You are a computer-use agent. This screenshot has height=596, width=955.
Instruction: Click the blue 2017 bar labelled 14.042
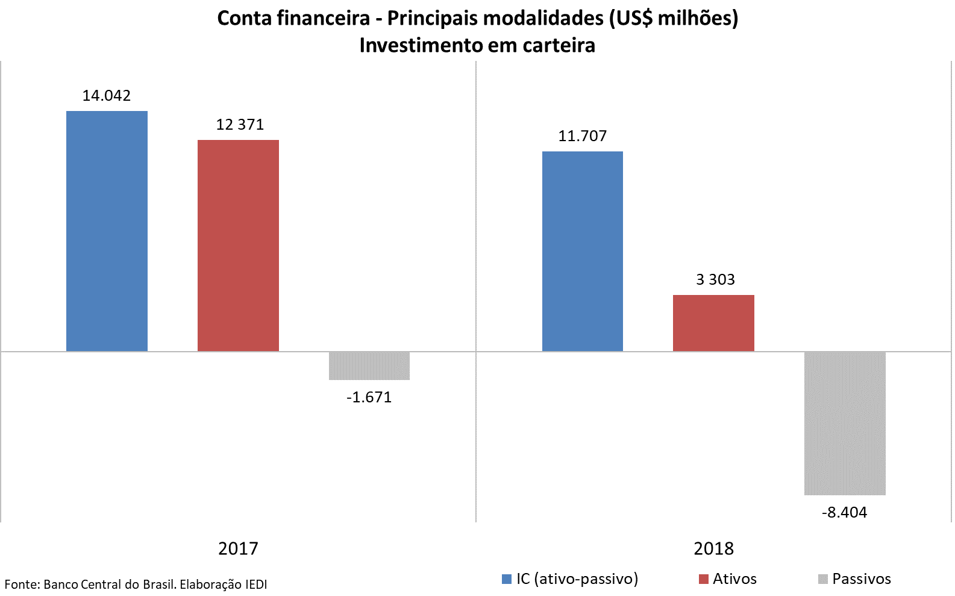(107, 231)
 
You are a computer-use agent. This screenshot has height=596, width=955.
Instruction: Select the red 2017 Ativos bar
(238, 246)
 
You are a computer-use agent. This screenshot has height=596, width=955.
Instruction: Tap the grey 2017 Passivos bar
(369, 366)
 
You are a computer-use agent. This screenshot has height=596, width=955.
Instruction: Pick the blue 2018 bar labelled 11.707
(583, 251)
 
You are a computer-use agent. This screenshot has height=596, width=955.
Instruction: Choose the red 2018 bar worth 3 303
(713, 323)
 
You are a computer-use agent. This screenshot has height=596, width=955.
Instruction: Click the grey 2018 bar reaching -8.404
(845, 423)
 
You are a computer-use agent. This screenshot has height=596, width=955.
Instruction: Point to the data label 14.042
(107, 96)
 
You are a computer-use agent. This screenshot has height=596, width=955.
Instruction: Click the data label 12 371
(240, 125)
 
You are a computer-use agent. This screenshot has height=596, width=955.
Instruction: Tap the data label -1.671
(369, 398)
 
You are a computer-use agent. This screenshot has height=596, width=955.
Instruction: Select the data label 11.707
(583, 136)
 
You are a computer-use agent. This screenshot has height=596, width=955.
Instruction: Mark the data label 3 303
(715, 280)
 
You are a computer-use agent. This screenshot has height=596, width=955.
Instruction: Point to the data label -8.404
(845, 513)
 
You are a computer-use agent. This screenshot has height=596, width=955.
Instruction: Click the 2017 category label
(238, 548)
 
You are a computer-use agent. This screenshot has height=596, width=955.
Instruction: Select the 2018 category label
(713, 548)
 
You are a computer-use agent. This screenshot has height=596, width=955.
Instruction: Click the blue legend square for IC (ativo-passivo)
(507, 579)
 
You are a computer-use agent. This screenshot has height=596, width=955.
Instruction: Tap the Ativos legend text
(734, 579)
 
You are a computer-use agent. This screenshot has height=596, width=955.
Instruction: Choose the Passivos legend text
(861, 579)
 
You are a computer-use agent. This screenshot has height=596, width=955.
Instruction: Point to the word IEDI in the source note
(256, 585)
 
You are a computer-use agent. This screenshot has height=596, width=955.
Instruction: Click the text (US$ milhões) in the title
(674, 18)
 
